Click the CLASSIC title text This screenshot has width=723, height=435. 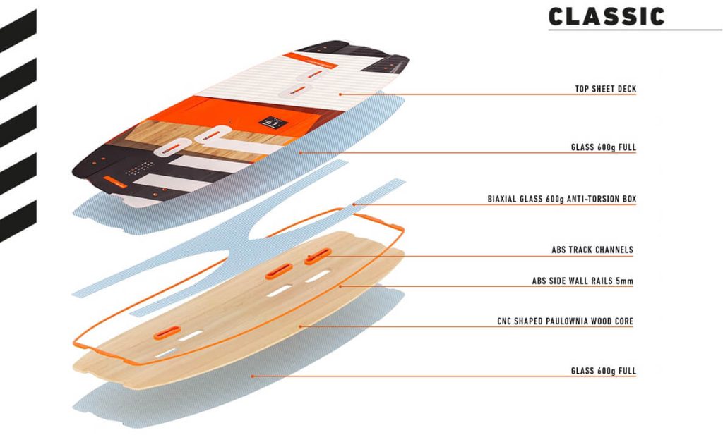tap(607, 16)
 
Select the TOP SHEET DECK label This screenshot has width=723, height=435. tap(606, 90)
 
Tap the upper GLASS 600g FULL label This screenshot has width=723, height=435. tap(604, 148)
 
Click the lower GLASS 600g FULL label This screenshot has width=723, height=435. tap(604, 371)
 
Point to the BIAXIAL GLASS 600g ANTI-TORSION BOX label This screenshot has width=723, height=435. tap(562, 200)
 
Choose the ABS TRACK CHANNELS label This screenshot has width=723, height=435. tap(592, 250)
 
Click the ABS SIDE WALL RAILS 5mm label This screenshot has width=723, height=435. tap(582, 281)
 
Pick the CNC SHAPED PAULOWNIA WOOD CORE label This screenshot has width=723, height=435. tap(565, 321)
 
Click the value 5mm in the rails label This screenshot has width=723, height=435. tap(624, 281)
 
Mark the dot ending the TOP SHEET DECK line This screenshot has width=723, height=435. tap(340, 93)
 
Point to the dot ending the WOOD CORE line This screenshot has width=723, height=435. tap(301, 326)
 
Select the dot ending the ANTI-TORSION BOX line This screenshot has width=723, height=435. tap(355, 204)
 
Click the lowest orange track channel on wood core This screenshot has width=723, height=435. tap(170, 331)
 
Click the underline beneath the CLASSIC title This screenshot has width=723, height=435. tap(635, 30)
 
